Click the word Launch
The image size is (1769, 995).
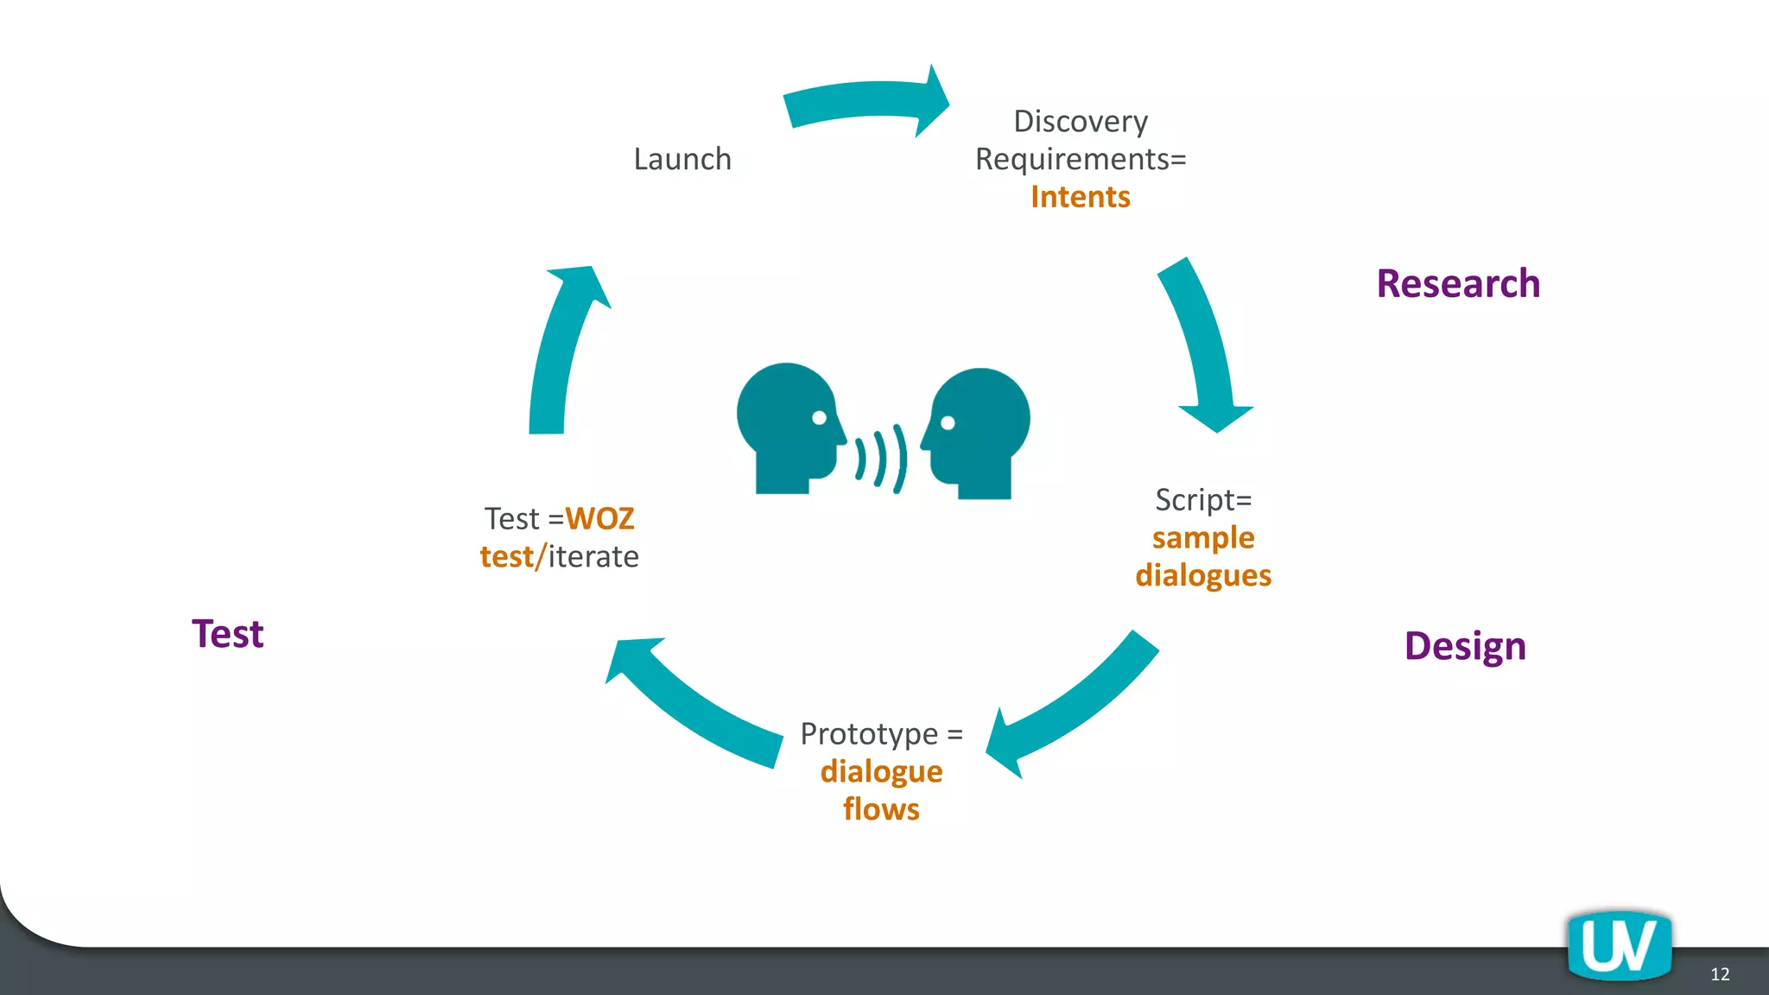(682, 159)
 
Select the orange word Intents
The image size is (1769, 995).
(1080, 197)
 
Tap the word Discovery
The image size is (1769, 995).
(1080, 121)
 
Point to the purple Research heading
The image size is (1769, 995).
(1458, 283)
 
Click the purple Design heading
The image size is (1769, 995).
(1465, 646)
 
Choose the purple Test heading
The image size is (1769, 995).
(227, 634)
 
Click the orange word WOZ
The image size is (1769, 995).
(599, 518)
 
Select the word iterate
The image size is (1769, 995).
(593, 557)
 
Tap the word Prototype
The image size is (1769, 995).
(868, 734)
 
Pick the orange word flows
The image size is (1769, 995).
(881, 809)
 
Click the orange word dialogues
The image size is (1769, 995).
(1203, 575)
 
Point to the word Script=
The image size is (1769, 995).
(1203, 499)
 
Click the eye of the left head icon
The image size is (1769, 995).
(819, 418)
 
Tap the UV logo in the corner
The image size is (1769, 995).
(1619, 945)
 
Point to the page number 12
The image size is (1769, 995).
(1719, 974)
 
